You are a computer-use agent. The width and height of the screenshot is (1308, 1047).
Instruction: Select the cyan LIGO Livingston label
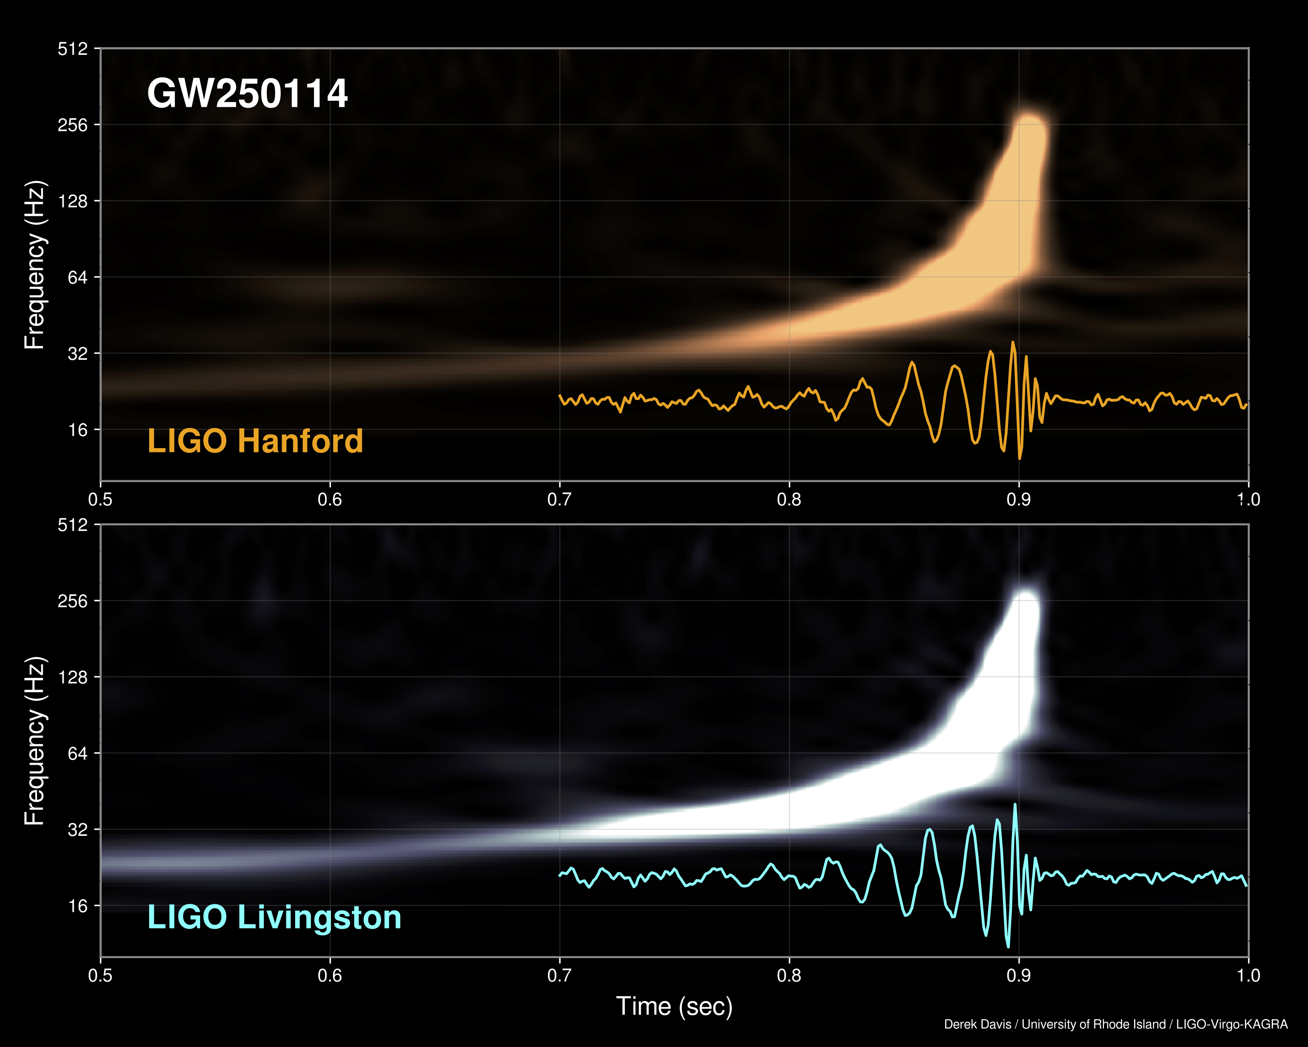(274, 917)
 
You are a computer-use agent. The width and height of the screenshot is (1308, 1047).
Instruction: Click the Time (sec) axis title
(674, 1006)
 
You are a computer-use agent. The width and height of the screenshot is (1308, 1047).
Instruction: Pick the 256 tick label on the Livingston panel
(73, 601)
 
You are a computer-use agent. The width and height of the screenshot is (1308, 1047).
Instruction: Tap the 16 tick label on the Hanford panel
(78, 430)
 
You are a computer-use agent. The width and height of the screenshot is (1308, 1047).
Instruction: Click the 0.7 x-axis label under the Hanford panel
(559, 500)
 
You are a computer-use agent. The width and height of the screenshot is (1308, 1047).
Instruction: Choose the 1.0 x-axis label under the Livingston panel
(1248, 975)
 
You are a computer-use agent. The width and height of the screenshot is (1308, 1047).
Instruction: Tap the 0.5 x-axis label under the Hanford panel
(100, 500)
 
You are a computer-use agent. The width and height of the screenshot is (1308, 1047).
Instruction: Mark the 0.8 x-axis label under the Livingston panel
(789, 975)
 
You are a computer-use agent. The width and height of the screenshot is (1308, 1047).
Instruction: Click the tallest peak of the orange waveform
(1012, 343)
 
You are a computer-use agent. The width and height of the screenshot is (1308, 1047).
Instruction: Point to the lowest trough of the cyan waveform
(1008, 946)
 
